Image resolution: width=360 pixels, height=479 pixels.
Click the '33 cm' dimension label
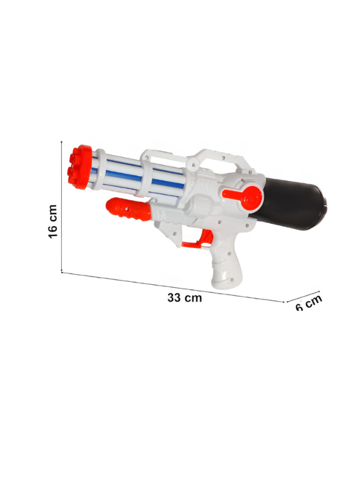pyautogui.click(x=185, y=298)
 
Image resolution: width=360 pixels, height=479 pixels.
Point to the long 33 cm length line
pyautogui.click(x=172, y=287)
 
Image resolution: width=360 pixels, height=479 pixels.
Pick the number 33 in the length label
pyautogui.click(x=175, y=298)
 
